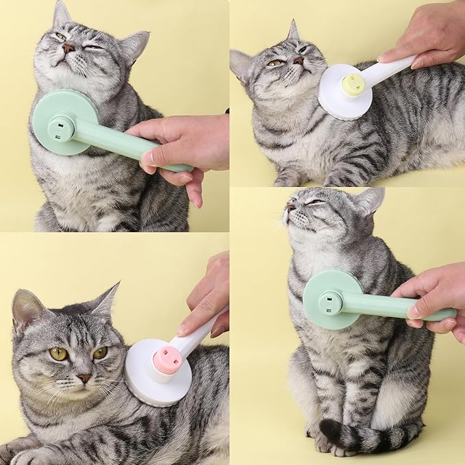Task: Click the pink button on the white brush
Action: point(166,360)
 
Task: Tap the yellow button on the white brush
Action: point(352,84)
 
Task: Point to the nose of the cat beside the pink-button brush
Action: point(84,377)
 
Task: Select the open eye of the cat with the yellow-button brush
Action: point(275,63)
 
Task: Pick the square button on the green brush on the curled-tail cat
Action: point(331,301)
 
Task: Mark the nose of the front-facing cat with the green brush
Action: point(68,48)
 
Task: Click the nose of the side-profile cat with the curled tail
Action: point(290,205)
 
